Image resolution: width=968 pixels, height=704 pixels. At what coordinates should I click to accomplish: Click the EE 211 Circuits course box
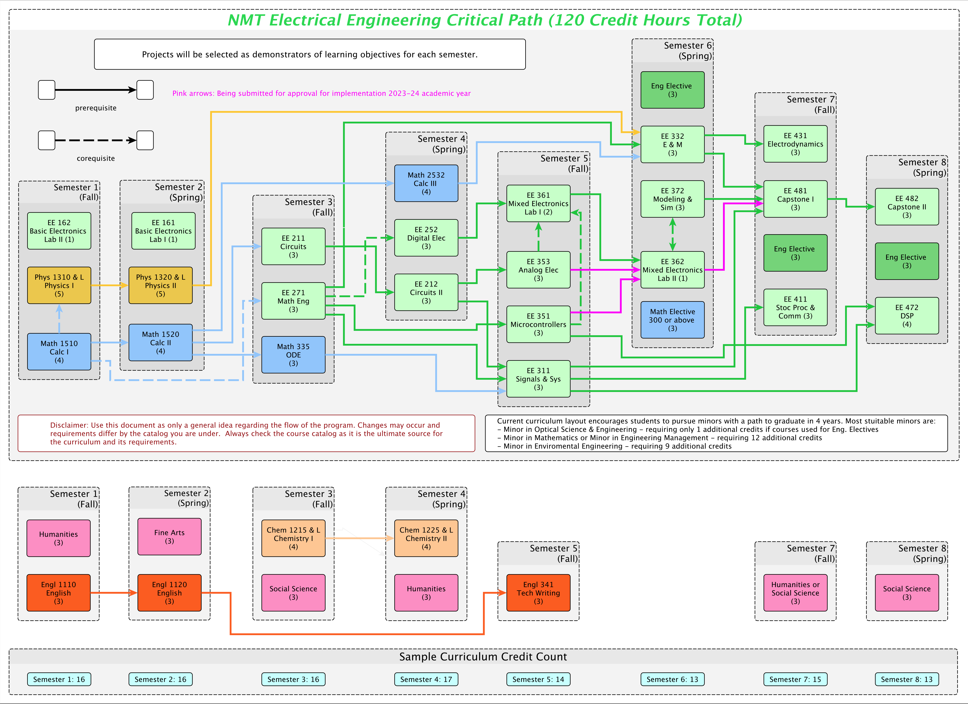[x=293, y=247]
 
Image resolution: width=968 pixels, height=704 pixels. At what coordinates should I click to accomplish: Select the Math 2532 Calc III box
[x=426, y=183]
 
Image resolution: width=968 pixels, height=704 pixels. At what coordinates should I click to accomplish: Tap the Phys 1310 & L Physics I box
[x=59, y=285]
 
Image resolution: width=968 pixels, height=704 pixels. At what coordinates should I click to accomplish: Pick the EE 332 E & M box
[x=672, y=144]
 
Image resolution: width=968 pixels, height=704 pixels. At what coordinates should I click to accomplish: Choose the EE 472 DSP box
[x=907, y=315]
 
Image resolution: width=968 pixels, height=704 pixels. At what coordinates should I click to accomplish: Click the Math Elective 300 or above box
[x=672, y=320]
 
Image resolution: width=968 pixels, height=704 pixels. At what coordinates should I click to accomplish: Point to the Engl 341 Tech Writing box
[x=538, y=593]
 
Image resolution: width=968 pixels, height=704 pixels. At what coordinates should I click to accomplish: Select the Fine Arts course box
[x=170, y=536]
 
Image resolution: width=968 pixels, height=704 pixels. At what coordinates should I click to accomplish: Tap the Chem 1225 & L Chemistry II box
[x=426, y=538]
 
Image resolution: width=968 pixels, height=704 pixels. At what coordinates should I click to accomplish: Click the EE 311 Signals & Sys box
[x=538, y=379]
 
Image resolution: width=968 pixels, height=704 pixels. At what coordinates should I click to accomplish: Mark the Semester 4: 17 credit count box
[x=426, y=679]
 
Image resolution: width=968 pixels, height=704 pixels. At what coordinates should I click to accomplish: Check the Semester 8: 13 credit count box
[x=907, y=679]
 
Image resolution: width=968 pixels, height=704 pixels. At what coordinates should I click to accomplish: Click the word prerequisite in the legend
[x=96, y=108]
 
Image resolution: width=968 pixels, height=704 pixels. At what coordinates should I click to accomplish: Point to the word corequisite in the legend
[x=96, y=158]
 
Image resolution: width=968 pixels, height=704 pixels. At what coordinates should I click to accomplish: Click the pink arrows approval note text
[x=321, y=93]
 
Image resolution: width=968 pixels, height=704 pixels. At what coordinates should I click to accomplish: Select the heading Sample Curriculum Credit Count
[x=483, y=657]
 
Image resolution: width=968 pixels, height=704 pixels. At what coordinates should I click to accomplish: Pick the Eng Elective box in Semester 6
[x=672, y=90]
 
